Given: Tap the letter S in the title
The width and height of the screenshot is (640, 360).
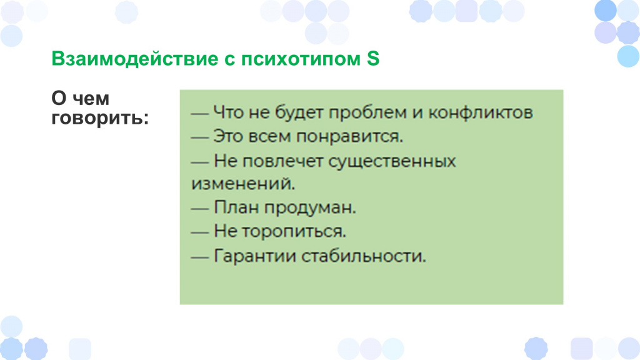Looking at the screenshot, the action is coord(373,58).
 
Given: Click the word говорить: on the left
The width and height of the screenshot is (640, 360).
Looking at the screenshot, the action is coord(100,118).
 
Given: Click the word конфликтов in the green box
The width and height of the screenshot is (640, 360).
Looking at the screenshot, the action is coord(480,112).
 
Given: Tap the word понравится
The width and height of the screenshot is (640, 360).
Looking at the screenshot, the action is coord(349,136).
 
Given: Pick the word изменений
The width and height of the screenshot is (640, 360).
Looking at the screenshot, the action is coord(243,184).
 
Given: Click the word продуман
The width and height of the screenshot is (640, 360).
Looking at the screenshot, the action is coord(310,207).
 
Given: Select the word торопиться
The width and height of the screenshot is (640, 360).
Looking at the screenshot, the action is coord(294,232).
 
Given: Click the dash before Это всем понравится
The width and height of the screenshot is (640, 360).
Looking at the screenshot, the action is coord(200,137).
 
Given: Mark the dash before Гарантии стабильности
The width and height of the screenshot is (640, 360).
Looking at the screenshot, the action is coord(200,257).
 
